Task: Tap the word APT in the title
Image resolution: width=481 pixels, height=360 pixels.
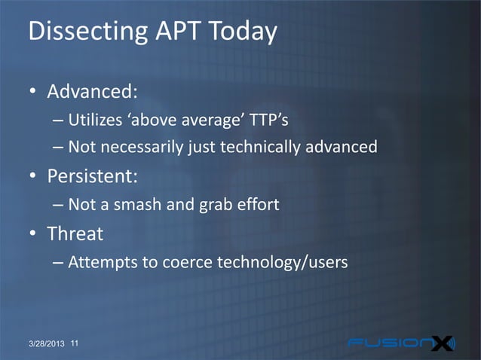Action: click(x=169, y=32)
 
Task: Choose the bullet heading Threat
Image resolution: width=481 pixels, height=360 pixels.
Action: click(x=75, y=234)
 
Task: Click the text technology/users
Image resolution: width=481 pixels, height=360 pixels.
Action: click(x=282, y=263)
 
